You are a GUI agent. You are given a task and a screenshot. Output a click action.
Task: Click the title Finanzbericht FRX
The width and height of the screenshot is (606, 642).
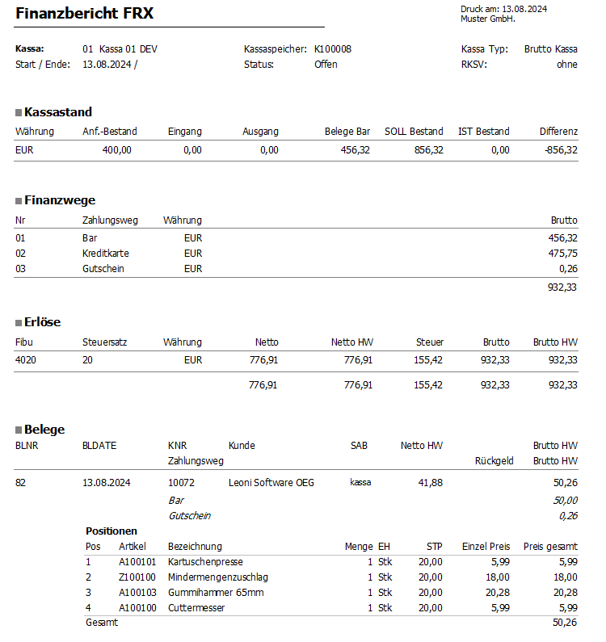(x=84, y=14)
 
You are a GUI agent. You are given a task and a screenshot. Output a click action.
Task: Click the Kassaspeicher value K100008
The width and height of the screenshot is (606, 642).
(x=332, y=48)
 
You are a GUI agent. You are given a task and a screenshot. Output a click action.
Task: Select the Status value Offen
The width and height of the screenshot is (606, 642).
(x=326, y=65)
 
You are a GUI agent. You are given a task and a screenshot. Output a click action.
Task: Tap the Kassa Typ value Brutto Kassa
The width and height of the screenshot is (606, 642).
(x=550, y=48)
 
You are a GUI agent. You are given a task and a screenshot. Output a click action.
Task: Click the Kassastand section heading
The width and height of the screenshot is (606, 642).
(x=58, y=112)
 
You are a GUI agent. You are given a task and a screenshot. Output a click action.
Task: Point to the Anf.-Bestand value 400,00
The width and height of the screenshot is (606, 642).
(x=116, y=150)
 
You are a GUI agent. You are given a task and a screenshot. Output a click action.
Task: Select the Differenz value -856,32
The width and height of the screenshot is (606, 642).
(x=560, y=150)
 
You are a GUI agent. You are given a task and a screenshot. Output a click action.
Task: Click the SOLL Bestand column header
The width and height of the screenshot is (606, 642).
(x=414, y=131)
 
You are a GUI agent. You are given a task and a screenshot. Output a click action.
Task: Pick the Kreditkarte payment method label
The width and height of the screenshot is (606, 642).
(x=106, y=254)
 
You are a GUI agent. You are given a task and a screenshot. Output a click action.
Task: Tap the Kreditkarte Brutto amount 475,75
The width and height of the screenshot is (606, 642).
(x=562, y=254)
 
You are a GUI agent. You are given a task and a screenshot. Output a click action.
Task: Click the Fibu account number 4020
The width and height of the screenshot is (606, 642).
(x=26, y=359)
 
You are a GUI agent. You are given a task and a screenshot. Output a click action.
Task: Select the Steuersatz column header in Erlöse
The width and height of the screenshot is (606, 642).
(x=104, y=342)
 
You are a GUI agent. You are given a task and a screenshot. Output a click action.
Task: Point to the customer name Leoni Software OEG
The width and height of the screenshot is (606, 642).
(x=271, y=483)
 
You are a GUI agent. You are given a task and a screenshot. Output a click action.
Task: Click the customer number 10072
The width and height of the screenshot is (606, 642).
(x=182, y=483)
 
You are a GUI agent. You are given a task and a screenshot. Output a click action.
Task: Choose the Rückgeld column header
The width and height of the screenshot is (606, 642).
(x=494, y=461)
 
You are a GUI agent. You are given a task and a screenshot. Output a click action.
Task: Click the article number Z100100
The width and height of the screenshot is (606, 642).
(x=137, y=577)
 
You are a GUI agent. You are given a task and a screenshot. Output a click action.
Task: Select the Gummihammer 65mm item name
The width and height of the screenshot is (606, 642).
(x=216, y=592)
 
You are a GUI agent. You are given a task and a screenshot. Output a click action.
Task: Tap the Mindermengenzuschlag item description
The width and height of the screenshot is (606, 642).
(x=217, y=577)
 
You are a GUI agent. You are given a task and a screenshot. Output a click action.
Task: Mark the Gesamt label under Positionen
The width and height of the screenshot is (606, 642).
(x=102, y=623)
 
